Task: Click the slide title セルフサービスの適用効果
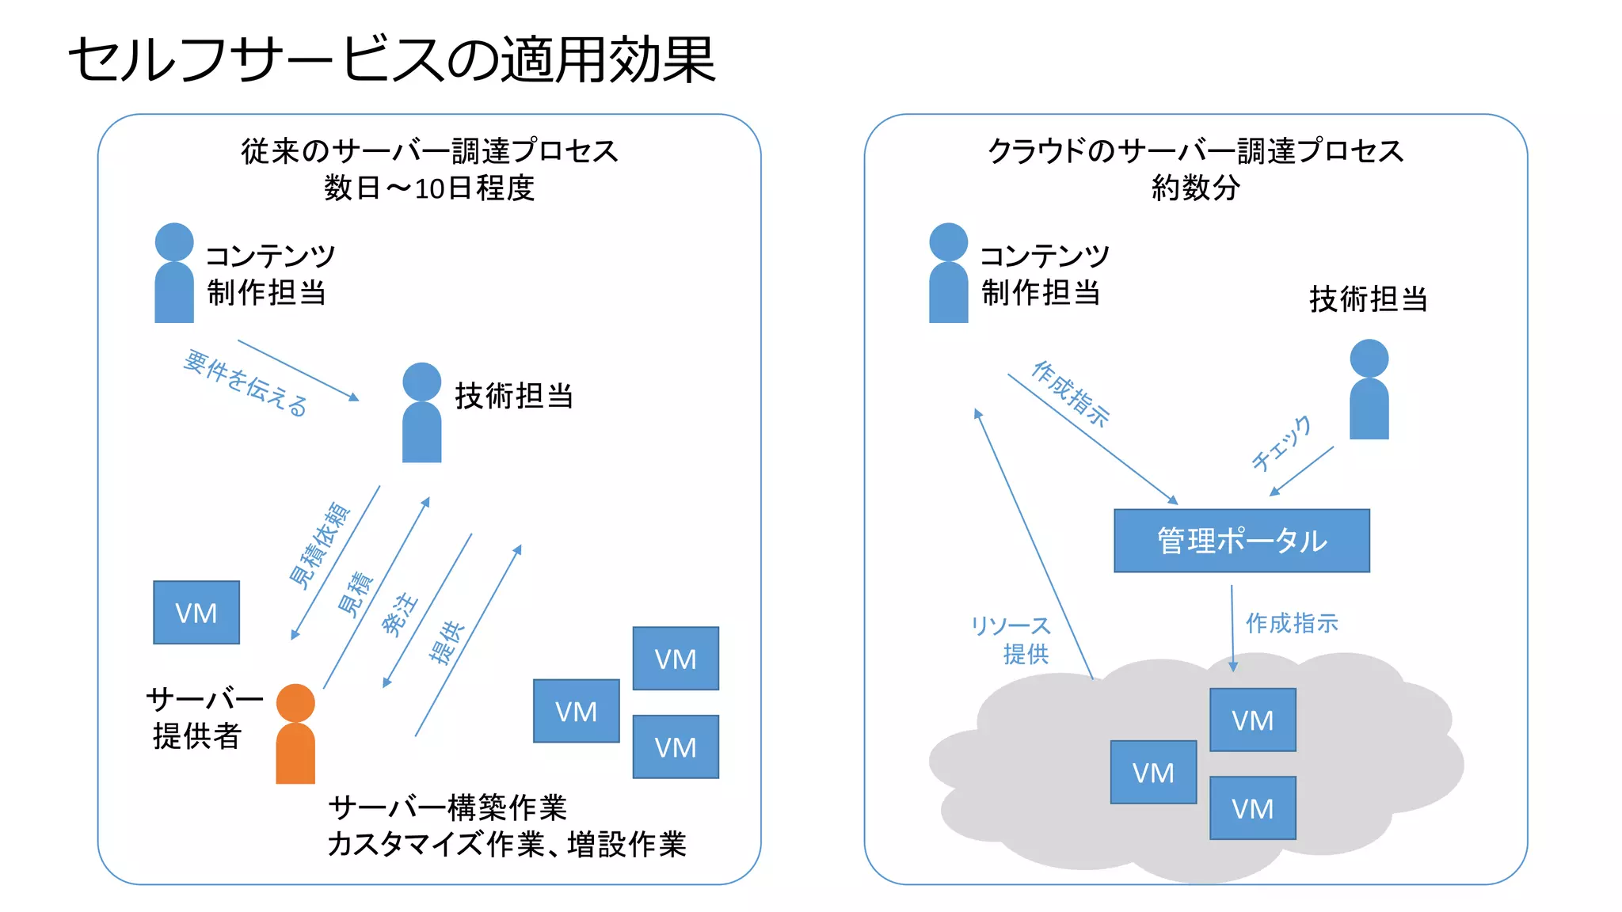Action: point(392,60)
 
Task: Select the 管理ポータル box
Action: point(1241,541)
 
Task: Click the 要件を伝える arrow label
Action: point(246,383)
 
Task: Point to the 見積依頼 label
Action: point(319,545)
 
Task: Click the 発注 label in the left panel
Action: point(399,614)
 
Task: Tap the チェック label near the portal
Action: point(1281,443)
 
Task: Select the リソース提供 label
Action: point(1011,640)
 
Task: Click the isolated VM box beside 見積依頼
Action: point(196,613)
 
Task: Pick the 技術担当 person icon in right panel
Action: point(1369,390)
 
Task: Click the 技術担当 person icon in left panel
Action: point(421,414)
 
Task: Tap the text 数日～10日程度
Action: point(428,188)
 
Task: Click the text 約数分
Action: point(1195,188)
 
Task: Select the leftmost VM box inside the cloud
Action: point(1153,773)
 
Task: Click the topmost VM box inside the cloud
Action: point(1252,720)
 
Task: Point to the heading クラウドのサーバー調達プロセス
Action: point(1195,150)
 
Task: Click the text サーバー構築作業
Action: point(447,807)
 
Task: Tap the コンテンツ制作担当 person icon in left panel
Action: point(174,274)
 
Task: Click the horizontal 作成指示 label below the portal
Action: point(1292,623)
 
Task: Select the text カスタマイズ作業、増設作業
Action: point(507,845)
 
